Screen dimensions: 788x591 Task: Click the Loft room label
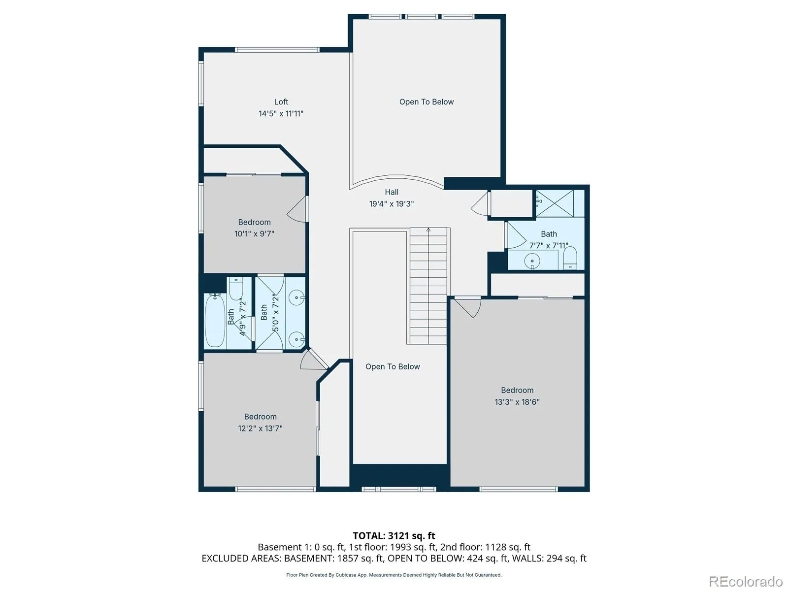pyautogui.click(x=281, y=102)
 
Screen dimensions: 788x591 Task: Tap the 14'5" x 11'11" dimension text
pyautogui.click(x=281, y=114)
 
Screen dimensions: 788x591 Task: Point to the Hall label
pyautogui.click(x=392, y=192)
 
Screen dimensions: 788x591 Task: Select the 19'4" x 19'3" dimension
pyautogui.click(x=392, y=204)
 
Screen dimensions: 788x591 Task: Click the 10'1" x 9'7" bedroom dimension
pyautogui.click(x=254, y=234)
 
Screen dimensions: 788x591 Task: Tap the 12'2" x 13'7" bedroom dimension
pyautogui.click(x=260, y=428)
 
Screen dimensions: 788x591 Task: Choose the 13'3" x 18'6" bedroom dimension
pyautogui.click(x=517, y=402)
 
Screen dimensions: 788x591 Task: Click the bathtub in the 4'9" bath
pyautogui.click(x=215, y=320)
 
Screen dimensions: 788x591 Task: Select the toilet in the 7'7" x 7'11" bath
pyautogui.click(x=570, y=258)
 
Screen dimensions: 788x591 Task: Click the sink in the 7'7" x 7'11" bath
pyautogui.click(x=532, y=261)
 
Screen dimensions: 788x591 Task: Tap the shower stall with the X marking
pyautogui.click(x=555, y=203)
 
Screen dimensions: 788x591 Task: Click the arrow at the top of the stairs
pyautogui.click(x=428, y=230)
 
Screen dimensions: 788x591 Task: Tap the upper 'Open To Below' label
pyautogui.click(x=427, y=102)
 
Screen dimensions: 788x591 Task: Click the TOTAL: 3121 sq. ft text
pyautogui.click(x=394, y=536)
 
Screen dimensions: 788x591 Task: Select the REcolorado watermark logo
pyautogui.click(x=746, y=581)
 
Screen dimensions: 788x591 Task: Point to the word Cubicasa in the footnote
pyautogui.click(x=346, y=575)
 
